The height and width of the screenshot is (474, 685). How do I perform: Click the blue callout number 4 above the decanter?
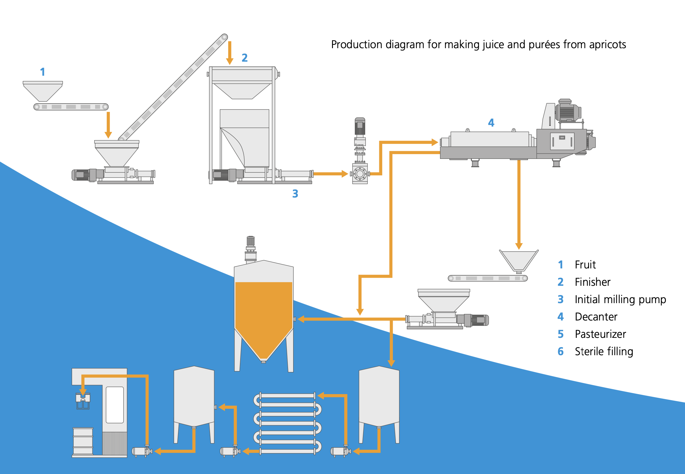pos(491,123)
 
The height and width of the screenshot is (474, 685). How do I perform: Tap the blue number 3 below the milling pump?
pos(295,194)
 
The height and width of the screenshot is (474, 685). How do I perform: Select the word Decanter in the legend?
pos(596,317)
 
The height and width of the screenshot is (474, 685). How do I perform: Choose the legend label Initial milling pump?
pos(620,299)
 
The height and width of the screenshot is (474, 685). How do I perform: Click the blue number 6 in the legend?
pos(561,351)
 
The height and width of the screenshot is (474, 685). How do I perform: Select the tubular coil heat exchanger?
pos(287,423)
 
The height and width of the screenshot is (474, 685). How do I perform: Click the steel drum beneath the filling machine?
pos(83,441)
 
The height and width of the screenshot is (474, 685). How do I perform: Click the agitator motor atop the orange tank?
pos(251,248)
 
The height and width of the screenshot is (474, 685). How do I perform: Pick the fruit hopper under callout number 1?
pos(43,91)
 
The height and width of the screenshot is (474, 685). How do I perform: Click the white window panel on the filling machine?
pos(115,405)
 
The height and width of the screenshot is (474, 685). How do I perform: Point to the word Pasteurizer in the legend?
pos(600,334)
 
